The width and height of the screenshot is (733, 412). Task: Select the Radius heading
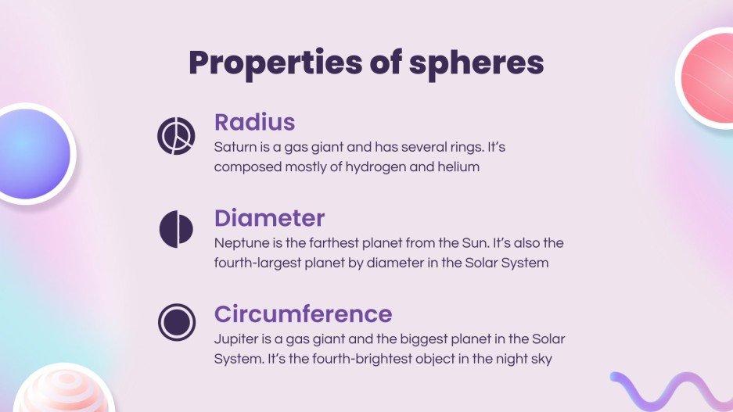(254, 122)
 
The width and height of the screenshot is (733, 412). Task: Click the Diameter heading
(269, 217)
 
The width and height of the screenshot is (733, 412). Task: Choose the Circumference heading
(303, 313)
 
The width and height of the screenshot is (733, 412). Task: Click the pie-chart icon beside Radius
(175, 136)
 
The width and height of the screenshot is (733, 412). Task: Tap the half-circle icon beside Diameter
(175, 228)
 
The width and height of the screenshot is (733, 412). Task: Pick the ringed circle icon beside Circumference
(175, 321)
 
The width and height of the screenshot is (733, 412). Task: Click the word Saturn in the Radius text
(234, 146)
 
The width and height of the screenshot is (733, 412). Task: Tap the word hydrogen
(381, 167)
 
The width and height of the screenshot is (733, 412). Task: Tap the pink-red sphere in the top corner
(707, 73)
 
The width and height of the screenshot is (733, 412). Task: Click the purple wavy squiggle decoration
(669, 389)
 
